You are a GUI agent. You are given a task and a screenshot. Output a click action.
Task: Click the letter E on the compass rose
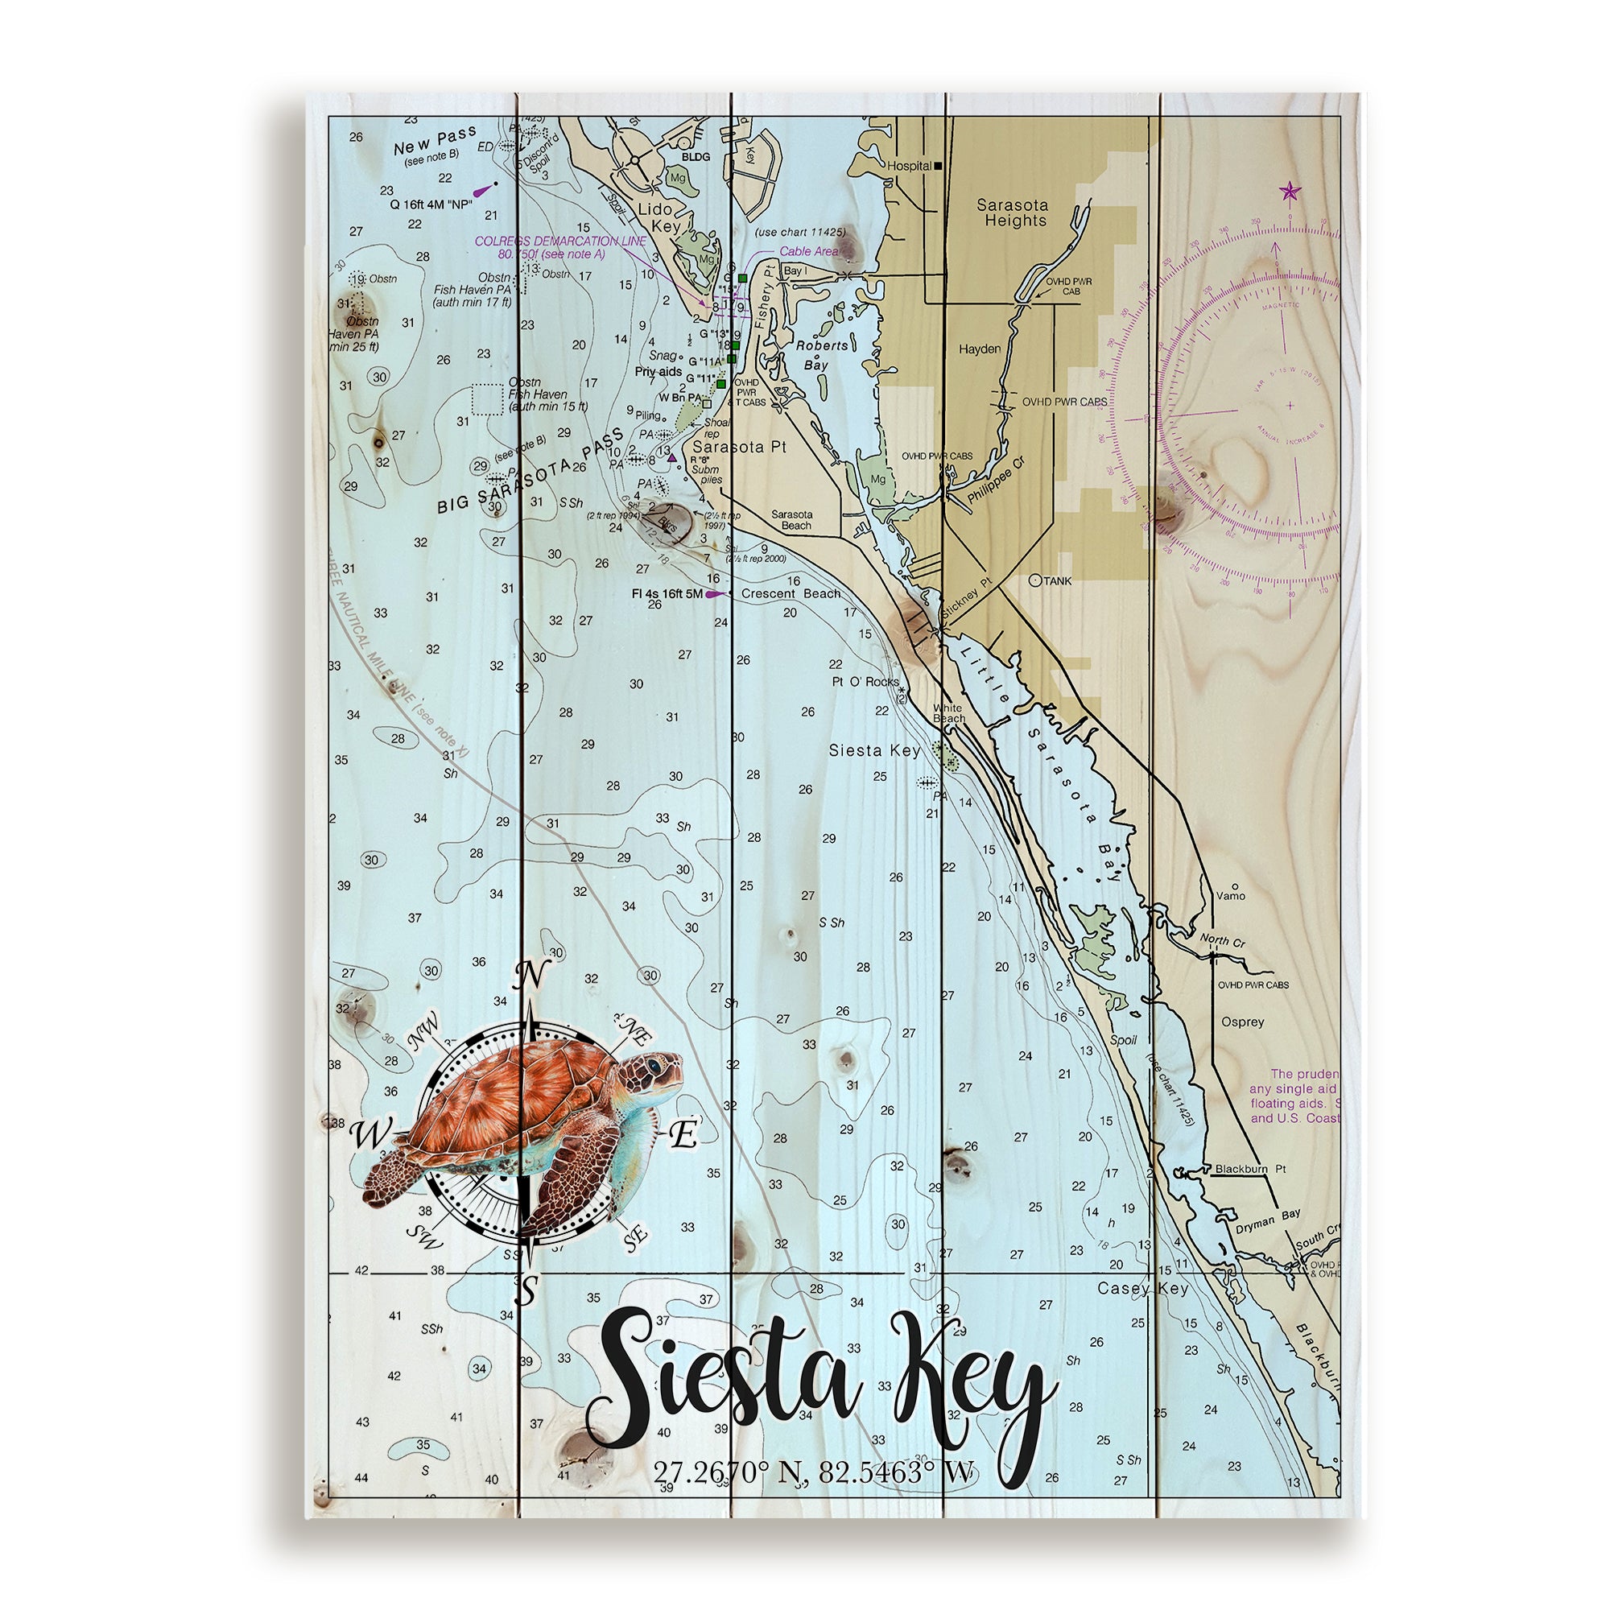pyautogui.click(x=683, y=1134)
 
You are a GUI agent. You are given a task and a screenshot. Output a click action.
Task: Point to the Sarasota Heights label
pyautogui.click(x=1013, y=213)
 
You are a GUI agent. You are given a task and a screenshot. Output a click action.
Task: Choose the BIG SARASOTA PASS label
pyautogui.click(x=530, y=474)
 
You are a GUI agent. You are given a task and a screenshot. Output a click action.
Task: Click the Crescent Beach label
pyautogui.click(x=790, y=593)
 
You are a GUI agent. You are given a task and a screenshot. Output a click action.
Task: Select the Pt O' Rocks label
pyautogui.click(x=865, y=682)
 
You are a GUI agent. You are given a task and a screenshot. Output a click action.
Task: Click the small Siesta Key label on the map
pyautogui.click(x=874, y=750)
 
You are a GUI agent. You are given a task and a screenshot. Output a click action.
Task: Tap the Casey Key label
pyautogui.click(x=1142, y=1288)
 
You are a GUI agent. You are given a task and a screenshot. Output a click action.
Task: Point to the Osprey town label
pyautogui.click(x=1241, y=1022)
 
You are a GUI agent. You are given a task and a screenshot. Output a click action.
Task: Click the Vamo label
pyautogui.click(x=1231, y=896)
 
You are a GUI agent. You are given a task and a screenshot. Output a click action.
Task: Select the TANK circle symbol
pyautogui.click(x=1035, y=580)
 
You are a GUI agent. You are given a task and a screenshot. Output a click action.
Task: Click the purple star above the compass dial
pyautogui.click(x=1289, y=192)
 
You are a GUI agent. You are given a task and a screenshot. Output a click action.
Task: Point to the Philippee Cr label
pyautogui.click(x=997, y=480)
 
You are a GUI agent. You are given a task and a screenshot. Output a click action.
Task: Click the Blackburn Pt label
pyautogui.click(x=1250, y=1169)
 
